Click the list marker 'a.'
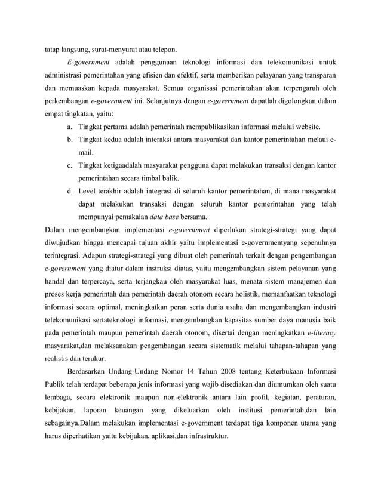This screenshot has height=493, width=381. click(70, 128)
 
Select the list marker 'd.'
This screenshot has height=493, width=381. click(70, 192)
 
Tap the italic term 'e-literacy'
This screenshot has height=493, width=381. click(318, 332)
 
